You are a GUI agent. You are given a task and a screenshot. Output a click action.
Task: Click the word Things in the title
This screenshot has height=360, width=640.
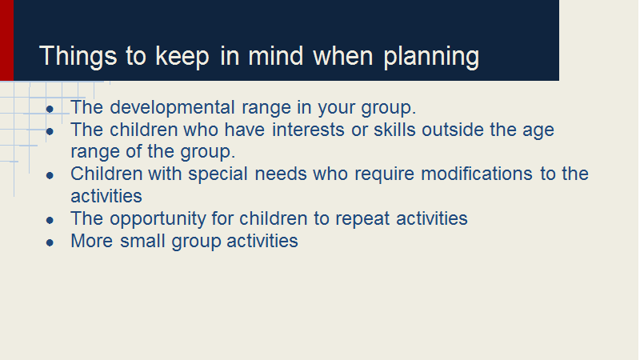tap(78, 56)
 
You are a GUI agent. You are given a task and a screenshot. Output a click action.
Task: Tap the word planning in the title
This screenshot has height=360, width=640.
tap(431, 56)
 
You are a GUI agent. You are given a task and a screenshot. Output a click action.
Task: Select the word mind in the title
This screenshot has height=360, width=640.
tap(275, 55)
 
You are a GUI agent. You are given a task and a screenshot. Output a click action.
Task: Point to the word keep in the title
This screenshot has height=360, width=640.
tap(182, 56)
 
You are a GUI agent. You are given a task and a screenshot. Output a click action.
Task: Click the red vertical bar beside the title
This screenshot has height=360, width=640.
tap(6, 40)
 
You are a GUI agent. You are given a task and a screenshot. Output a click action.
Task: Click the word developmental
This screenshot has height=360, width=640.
tap(172, 107)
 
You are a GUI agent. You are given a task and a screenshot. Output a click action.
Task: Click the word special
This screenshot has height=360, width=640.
tap(218, 174)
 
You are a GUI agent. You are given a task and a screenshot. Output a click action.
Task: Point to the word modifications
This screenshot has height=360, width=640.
tap(477, 174)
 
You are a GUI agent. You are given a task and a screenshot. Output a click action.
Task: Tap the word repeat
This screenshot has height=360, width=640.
tap(362, 219)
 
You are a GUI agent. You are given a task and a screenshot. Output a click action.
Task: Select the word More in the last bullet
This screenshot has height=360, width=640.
tap(91, 241)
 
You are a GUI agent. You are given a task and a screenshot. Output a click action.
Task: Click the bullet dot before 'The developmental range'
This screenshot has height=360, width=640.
tap(50, 109)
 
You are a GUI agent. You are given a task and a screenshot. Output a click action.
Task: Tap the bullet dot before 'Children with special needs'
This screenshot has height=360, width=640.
tap(50, 175)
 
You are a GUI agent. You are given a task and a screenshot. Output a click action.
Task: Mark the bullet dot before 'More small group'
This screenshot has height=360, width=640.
tap(50, 243)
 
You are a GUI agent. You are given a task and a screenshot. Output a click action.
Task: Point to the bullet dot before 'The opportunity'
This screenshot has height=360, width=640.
tap(50, 221)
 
